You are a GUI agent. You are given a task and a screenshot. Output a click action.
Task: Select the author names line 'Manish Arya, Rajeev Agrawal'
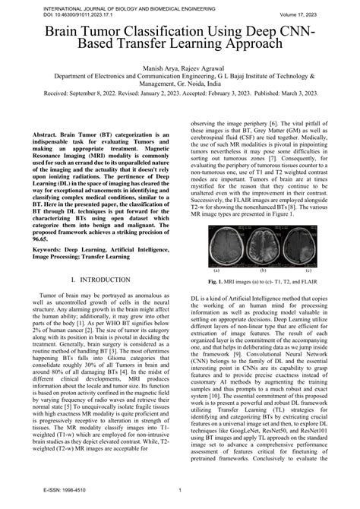179,68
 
